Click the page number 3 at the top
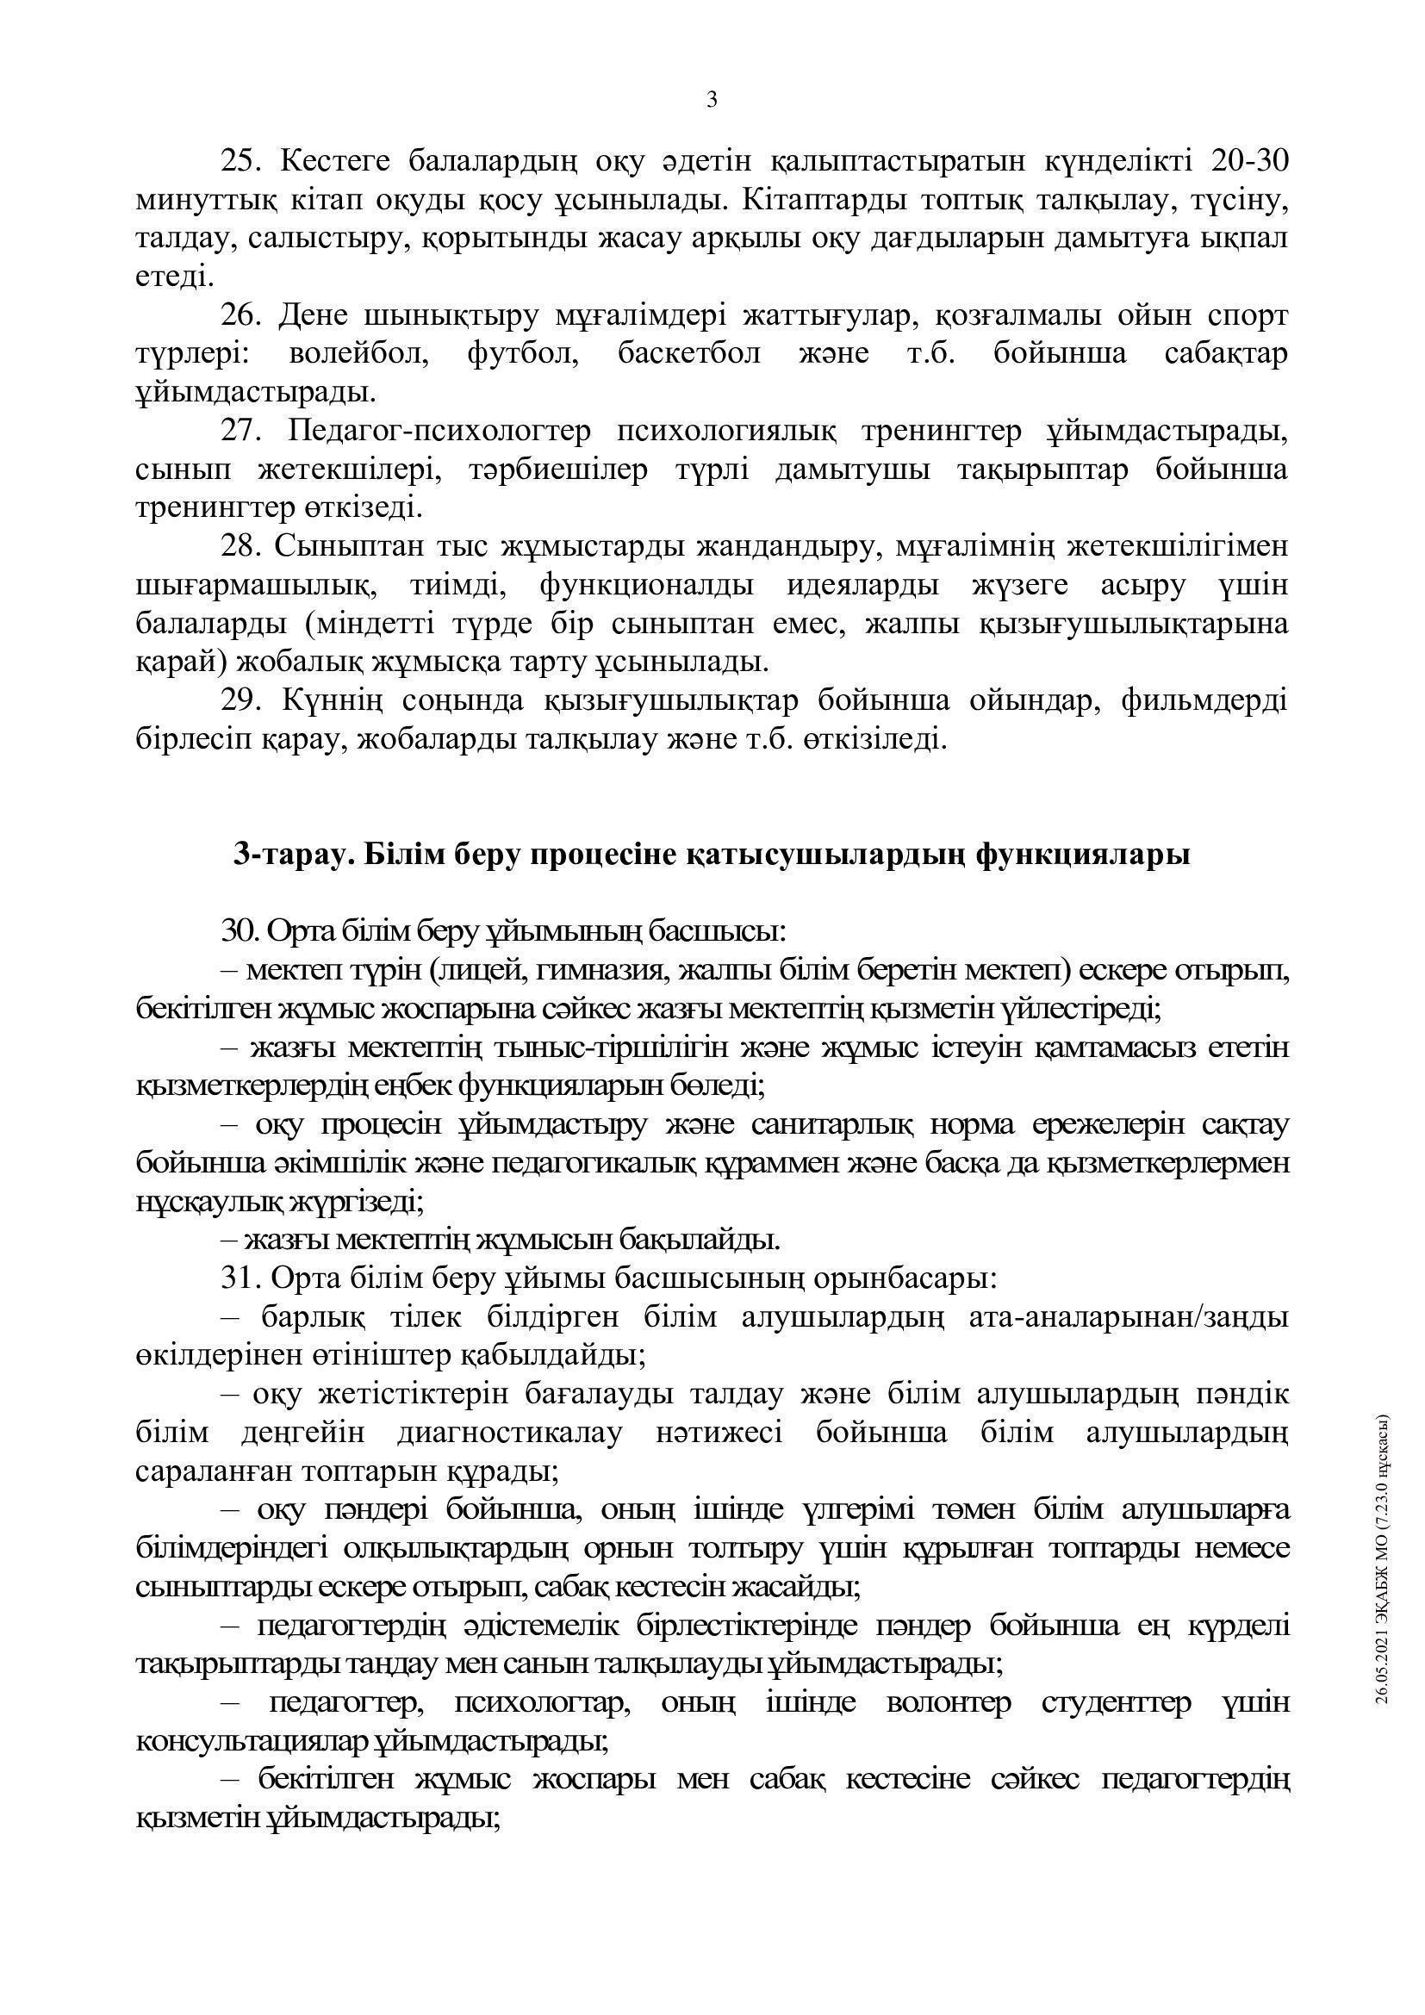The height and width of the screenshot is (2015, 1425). tap(712, 100)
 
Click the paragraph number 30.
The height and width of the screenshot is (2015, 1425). tap(237, 931)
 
